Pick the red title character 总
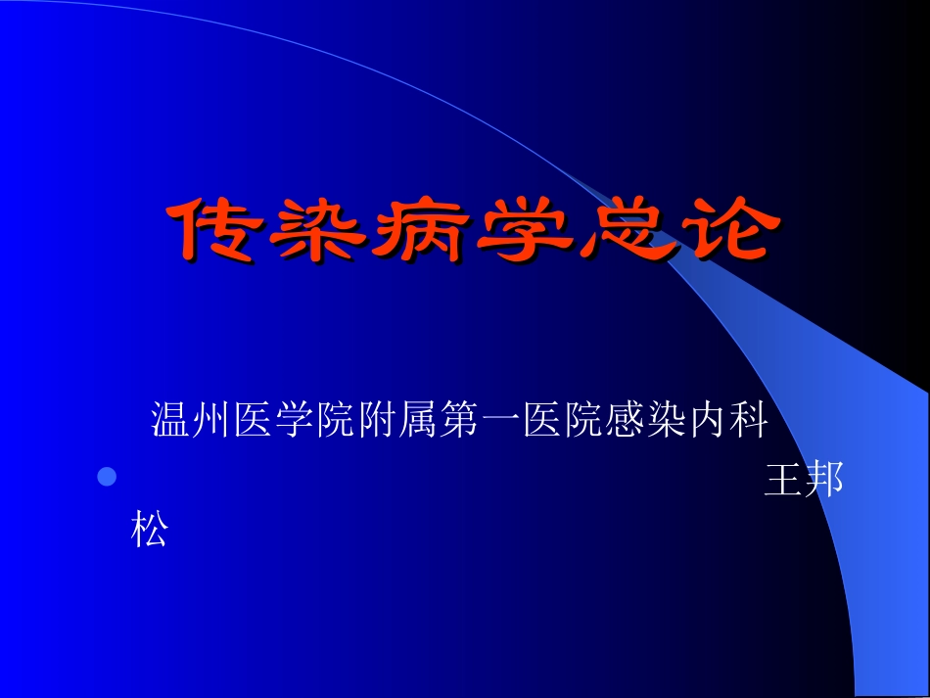(x=623, y=231)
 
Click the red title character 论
(x=722, y=231)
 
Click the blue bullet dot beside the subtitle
(x=107, y=477)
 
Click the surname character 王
(x=783, y=480)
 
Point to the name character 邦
(x=824, y=480)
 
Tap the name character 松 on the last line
(x=150, y=529)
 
